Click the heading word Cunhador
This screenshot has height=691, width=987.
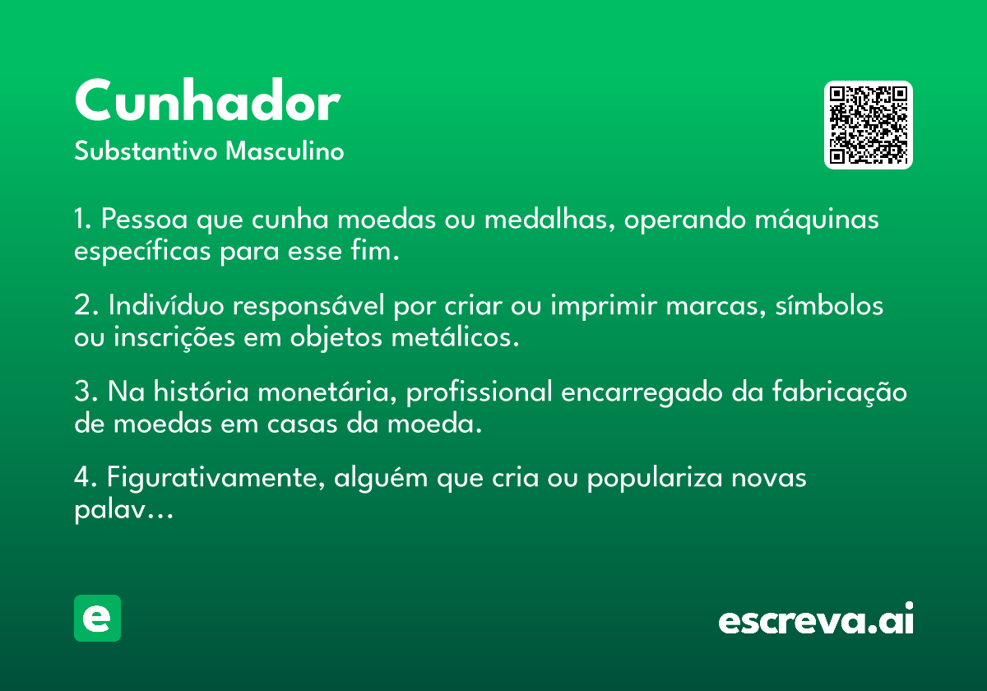(x=207, y=100)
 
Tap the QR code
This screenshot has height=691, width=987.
(x=868, y=125)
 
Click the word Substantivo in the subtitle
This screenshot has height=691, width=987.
(x=146, y=151)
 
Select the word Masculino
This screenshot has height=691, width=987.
(x=285, y=151)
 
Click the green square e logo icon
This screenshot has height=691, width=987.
(x=97, y=618)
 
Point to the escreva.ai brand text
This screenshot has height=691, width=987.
(x=816, y=619)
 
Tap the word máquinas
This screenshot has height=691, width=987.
(x=817, y=220)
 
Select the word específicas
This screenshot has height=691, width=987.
(x=142, y=252)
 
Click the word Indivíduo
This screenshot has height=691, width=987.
(x=166, y=305)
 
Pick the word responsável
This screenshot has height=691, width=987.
(x=308, y=306)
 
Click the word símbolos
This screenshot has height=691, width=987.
(x=829, y=305)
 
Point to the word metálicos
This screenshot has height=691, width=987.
(x=455, y=337)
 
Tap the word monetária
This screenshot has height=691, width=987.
(x=327, y=392)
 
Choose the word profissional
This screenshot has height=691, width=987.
(x=479, y=392)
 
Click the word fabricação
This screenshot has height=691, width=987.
(x=840, y=392)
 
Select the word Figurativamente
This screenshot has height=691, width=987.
(x=215, y=478)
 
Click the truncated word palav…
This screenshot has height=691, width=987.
(x=124, y=509)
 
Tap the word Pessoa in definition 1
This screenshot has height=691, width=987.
(x=145, y=219)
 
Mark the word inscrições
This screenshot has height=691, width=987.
(x=174, y=338)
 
